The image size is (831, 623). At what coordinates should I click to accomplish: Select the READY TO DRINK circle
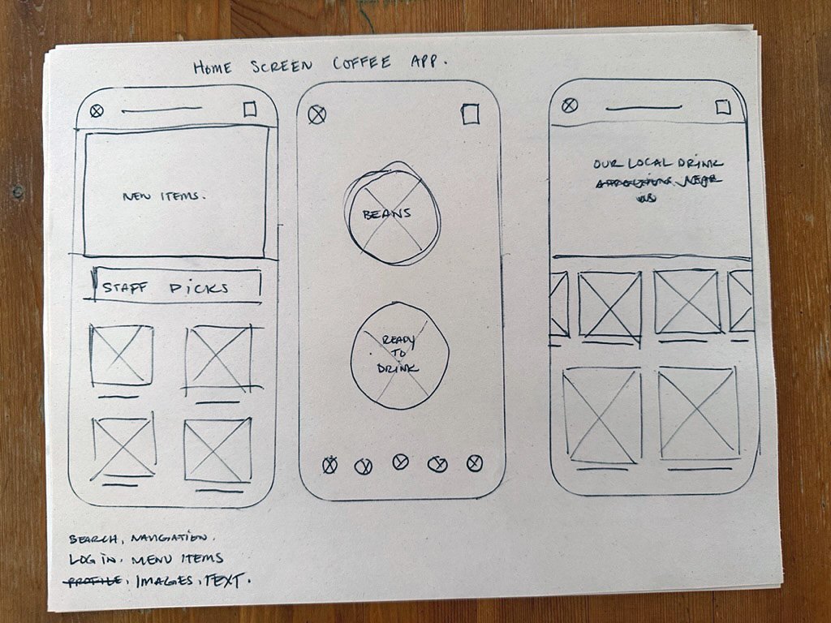click(398, 354)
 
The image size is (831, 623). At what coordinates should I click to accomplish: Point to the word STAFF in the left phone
click(124, 288)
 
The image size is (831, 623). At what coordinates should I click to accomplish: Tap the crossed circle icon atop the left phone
click(97, 111)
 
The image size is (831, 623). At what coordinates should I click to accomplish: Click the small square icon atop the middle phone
click(470, 114)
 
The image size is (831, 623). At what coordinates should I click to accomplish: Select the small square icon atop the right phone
click(723, 107)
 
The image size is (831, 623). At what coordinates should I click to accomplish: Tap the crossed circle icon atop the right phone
click(570, 105)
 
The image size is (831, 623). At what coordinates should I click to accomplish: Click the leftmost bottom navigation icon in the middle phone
click(329, 465)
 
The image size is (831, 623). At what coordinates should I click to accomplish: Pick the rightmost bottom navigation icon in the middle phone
click(475, 463)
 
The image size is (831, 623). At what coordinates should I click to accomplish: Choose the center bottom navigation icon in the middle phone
click(401, 462)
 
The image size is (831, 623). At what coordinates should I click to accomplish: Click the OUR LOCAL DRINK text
click(658, 163)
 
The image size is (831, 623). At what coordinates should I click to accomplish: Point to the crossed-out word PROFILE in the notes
click(95, 580)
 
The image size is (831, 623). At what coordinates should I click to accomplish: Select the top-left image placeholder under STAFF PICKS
click(122, 354)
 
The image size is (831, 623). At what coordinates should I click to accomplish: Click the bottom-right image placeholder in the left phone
click(217, 450)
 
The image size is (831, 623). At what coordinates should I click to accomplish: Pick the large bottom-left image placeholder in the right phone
click(601, 415)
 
